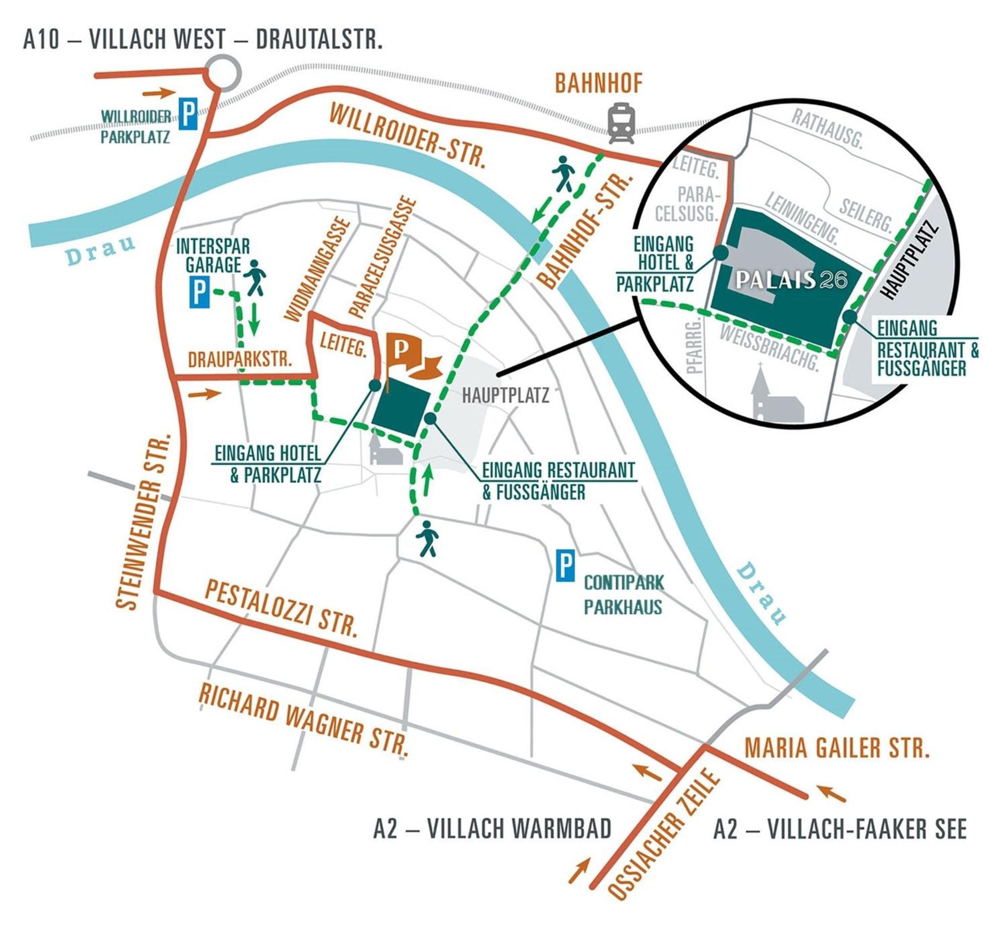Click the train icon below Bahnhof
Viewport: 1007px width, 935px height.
click(621, 123)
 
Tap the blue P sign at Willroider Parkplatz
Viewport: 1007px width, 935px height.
click(189, 115)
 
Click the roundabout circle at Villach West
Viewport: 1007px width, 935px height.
click(224, 74)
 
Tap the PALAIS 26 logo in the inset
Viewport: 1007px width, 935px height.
click(792, 280)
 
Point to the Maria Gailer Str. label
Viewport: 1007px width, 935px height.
click(837, 747)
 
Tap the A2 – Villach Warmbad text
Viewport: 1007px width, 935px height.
click(492, 829)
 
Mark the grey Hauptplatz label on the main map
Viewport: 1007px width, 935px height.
click(506, 395)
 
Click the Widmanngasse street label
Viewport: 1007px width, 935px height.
click(319, 270)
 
